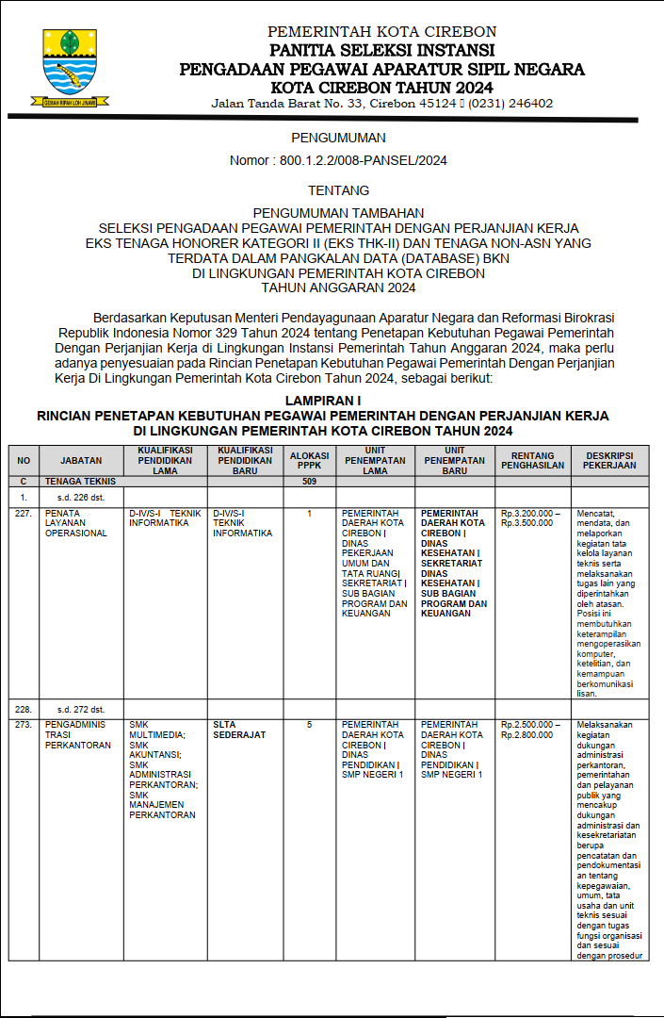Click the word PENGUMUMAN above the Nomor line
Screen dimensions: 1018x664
tap(332, 138)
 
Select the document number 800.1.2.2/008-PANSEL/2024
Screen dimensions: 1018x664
tap(363, 160)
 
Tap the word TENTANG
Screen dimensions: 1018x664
tap(332, 190)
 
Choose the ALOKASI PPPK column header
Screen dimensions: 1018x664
tap(309, 459)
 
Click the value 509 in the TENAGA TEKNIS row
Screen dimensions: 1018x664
tap(309, 481)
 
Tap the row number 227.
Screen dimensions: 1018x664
tap(24, 514)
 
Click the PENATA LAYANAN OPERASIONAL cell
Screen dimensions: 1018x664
tap(76, 523)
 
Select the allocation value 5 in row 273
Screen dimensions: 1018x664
tap(309, 725)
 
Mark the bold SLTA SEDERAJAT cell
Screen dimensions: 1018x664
tap(238, 730)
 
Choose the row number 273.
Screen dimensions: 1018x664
tap(24, 725)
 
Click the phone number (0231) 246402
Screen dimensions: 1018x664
tap(510, 104)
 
